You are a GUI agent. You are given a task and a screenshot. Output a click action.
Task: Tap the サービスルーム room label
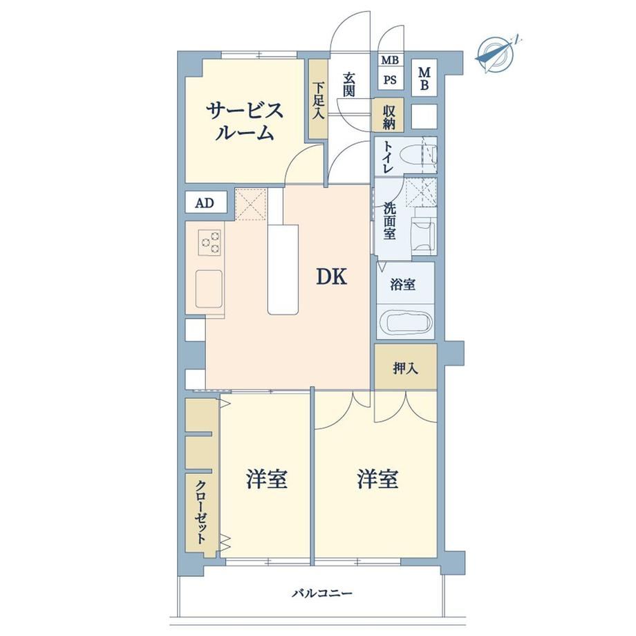[x=244, y=121]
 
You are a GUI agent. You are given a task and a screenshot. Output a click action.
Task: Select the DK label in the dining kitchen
[x=331, y=277]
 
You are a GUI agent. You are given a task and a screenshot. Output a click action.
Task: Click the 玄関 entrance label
[x=349, y=85]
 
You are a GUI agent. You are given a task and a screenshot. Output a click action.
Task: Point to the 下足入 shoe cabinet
[x=319, y=99]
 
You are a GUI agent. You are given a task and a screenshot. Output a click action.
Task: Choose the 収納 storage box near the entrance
[x=389, y=115]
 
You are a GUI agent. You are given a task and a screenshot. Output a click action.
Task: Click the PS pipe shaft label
[x=390, y=80]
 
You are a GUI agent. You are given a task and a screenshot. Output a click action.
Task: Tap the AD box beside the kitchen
[x=205, y=203]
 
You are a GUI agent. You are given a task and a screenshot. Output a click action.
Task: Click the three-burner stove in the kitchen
[x=209, y=243]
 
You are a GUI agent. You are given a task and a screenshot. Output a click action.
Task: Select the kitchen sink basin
[x=209, y=289]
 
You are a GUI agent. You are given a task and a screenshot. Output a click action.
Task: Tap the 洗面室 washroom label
[x=389, y=221]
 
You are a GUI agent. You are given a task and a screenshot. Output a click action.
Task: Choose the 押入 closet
[x=406, y=366]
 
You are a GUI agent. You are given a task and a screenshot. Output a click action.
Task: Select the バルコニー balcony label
[x=322, y=594]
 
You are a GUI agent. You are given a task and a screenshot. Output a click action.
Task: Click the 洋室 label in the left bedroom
[x=267, y=479]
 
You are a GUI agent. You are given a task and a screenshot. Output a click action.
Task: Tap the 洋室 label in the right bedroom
[x=377, y=479]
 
